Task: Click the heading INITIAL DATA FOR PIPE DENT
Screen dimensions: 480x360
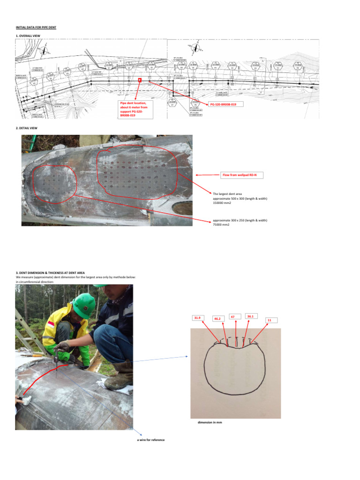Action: (36, 27)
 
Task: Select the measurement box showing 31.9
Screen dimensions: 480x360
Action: (197, 318)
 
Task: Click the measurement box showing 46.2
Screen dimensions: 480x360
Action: (217, 319)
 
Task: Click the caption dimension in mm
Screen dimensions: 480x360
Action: (210, 422)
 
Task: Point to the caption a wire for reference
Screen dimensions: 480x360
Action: (148, 440)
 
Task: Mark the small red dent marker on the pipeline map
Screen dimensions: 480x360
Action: (140, 81)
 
